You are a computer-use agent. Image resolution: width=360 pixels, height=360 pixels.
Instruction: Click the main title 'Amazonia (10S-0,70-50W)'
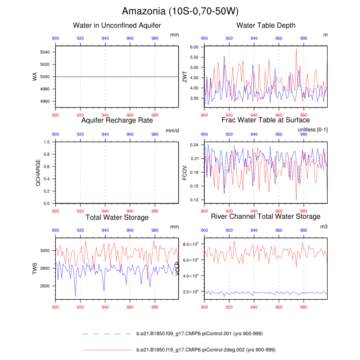(180, 11)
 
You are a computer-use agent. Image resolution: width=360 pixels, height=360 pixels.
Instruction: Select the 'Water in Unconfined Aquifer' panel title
(117, 25)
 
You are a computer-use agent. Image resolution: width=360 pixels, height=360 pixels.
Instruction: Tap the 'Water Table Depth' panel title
(266, 25)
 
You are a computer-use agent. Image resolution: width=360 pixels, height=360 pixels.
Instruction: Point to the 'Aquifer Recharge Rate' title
(117, 120)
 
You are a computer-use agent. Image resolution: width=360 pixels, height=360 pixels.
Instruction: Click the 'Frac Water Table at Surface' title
(265, 120)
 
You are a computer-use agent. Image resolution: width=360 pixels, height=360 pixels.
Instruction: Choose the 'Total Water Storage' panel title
(117, 217)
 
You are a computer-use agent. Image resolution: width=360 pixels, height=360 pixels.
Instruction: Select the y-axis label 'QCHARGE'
(38, 173)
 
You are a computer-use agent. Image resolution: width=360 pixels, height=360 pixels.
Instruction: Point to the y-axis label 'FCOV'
(184, 173)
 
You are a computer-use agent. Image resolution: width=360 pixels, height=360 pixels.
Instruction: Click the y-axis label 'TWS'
(34, 268)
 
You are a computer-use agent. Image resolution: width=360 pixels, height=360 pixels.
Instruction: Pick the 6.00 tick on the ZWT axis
(194, 47)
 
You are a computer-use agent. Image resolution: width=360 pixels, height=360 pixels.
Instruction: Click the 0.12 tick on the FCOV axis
(194, 200)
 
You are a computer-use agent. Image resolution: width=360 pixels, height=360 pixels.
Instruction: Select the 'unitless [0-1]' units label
(313, 130)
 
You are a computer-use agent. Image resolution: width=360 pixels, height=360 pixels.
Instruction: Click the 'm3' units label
(324, 227)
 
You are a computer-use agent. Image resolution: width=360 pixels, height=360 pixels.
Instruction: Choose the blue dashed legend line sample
(108, 334)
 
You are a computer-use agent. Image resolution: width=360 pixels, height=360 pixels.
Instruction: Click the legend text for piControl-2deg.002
(206, 350)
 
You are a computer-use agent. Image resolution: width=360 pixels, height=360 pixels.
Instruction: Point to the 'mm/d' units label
(172, 130)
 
